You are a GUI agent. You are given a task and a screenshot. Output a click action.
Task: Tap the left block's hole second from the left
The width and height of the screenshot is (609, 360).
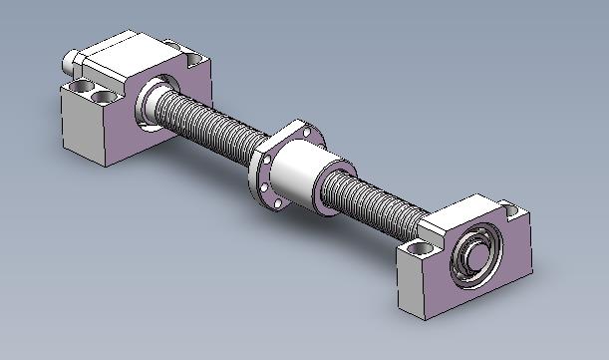(102, 97)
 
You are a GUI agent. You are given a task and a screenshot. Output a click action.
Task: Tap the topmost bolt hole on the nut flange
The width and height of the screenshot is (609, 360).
(299, 129)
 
